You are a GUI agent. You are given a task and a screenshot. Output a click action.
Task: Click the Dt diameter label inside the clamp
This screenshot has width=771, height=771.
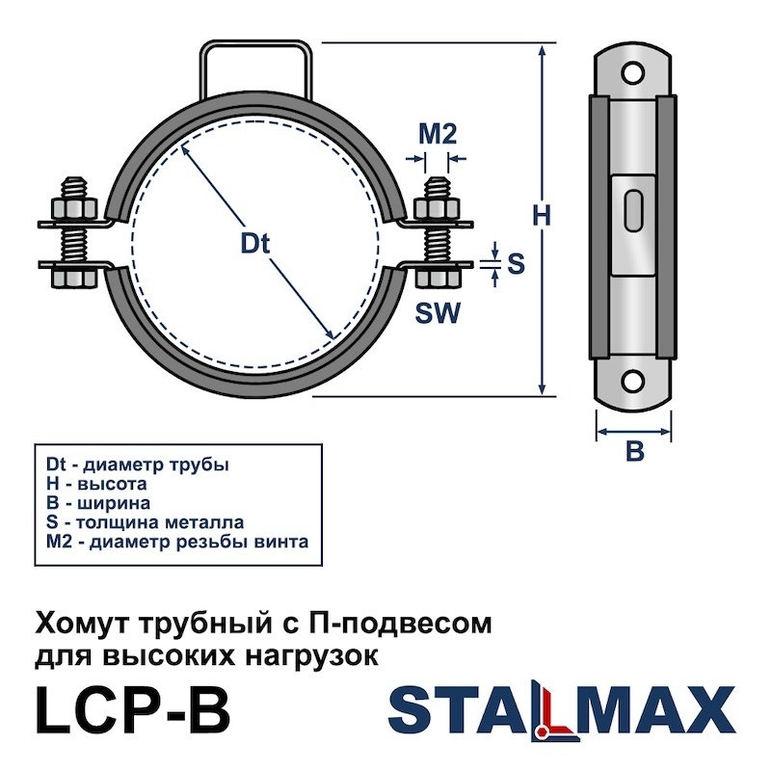[x=255, y=244]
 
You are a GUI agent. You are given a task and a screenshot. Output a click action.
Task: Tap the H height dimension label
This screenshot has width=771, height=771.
[x=542, y=215]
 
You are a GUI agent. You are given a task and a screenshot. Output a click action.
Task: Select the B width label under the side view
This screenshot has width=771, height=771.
[x=635, y=450]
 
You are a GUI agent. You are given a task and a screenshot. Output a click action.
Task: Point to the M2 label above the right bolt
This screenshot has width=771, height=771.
[x=438, y=134]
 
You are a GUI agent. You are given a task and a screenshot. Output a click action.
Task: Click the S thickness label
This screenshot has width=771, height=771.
[x=516, y=263]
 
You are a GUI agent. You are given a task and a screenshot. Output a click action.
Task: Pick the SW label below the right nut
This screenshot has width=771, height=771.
[x=438, y=312]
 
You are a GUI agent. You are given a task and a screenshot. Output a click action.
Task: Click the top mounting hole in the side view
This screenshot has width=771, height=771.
[x=632, y=74]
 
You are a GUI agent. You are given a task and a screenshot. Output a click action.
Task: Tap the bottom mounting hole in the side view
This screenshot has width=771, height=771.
[x=632, y=379]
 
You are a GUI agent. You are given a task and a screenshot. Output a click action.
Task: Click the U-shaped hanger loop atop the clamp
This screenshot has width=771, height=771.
[x=255, y=44]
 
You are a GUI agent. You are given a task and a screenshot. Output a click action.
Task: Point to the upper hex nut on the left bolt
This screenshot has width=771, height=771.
[x=74, y=208]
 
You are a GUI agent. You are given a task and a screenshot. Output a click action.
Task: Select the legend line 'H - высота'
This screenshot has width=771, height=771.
[x=96, y=484]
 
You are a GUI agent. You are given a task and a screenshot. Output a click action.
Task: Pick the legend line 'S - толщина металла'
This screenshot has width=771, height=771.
[x=146, y=522]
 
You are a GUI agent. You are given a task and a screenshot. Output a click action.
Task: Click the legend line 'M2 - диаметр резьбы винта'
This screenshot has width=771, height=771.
[x=177, y=542]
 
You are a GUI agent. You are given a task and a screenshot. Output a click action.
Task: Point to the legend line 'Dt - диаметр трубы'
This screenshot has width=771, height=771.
[x=138, y=465]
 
